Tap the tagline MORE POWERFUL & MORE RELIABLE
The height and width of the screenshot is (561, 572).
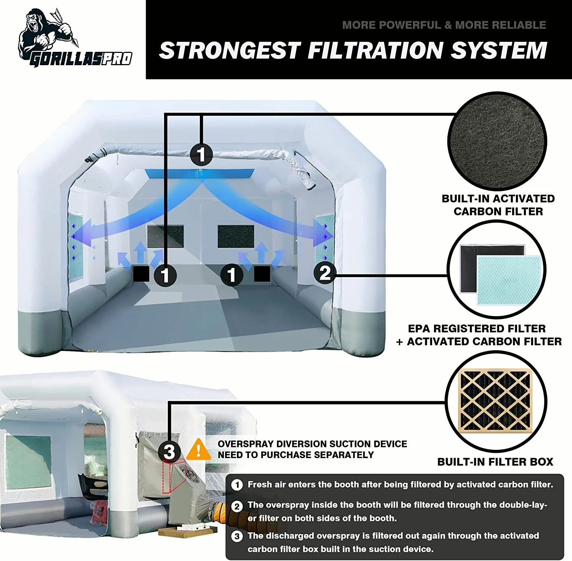pos(444,25)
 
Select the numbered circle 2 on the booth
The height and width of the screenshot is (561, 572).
pos(325,273)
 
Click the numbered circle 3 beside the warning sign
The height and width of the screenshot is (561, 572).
pos(169,452)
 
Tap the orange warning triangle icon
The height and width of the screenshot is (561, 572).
pos(198,450)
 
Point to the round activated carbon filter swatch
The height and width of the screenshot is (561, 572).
pos(497,141)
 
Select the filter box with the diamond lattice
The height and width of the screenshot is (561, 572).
pos(495,400)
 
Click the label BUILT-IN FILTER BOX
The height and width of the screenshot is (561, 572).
pos(495,462)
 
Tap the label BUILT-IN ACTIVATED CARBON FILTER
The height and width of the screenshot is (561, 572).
pos(498,205)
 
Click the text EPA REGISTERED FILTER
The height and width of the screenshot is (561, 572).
pos(477,329)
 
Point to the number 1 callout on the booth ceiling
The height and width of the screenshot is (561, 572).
pos(201,154)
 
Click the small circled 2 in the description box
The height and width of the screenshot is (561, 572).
pos(237,506)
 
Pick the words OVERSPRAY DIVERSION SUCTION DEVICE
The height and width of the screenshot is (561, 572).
pos(312,444)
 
